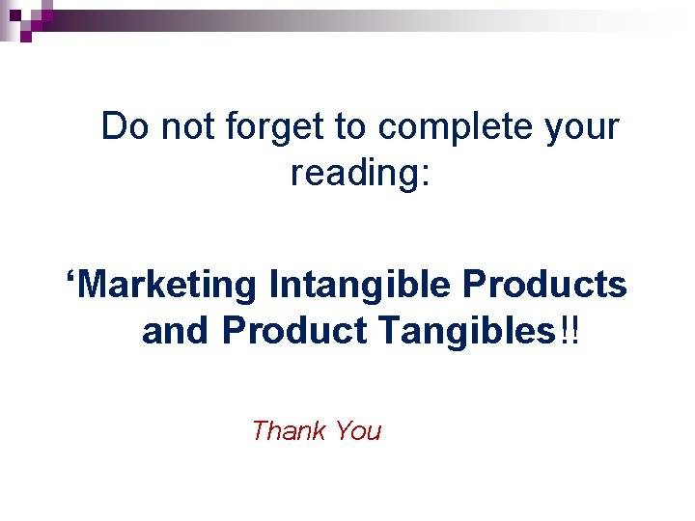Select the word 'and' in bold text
click(x=177, y=331)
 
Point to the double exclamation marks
click(x=569, y=331)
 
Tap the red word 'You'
click(x=358, y=430)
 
